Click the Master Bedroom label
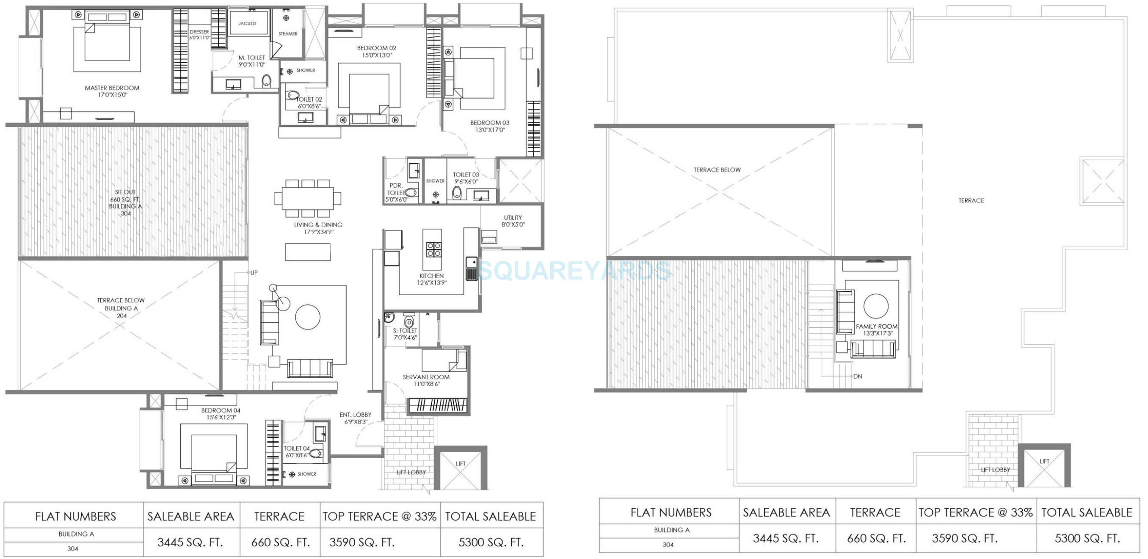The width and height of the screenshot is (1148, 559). pyautogui.click(x=112, y=91)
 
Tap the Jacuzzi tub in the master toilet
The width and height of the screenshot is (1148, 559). pyautogui.click(x=248, y=23)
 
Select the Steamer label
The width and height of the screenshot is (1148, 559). pyautogui.click(x=288, y=33)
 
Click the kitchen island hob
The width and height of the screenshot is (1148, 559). pyautogui.click(x=433, y=249)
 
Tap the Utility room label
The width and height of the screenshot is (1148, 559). pyautogui.click(x=513, y=221)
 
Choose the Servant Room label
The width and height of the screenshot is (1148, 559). pyautogui.click(x=426, y=380)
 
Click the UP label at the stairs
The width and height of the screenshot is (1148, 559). pyautogui.click(x=254, y=273)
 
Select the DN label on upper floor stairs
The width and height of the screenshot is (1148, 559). pyautogui.click(x=858, y=376)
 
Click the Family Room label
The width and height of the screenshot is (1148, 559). pyautogui.click(x=876, y=329)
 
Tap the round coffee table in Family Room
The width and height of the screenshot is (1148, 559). pyautogui.click(x=876, y=306)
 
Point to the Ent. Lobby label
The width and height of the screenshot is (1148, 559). pyautogui.click(x=355, y=418)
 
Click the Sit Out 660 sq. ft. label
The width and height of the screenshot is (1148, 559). pyautogui.click(x=125, y=203)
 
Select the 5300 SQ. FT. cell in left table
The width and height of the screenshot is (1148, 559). pyautogui.click(x=491, y=542)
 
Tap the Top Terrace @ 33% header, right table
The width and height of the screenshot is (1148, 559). pyautogui.click(x=976, y=513)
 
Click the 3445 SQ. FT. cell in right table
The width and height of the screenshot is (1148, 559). pyautogui.click(x=786, y=539)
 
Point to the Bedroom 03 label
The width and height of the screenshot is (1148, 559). pyautogui.click(x=489, y=126)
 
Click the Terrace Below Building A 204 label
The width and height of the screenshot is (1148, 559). pyautogui.click(x=121, y=308)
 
